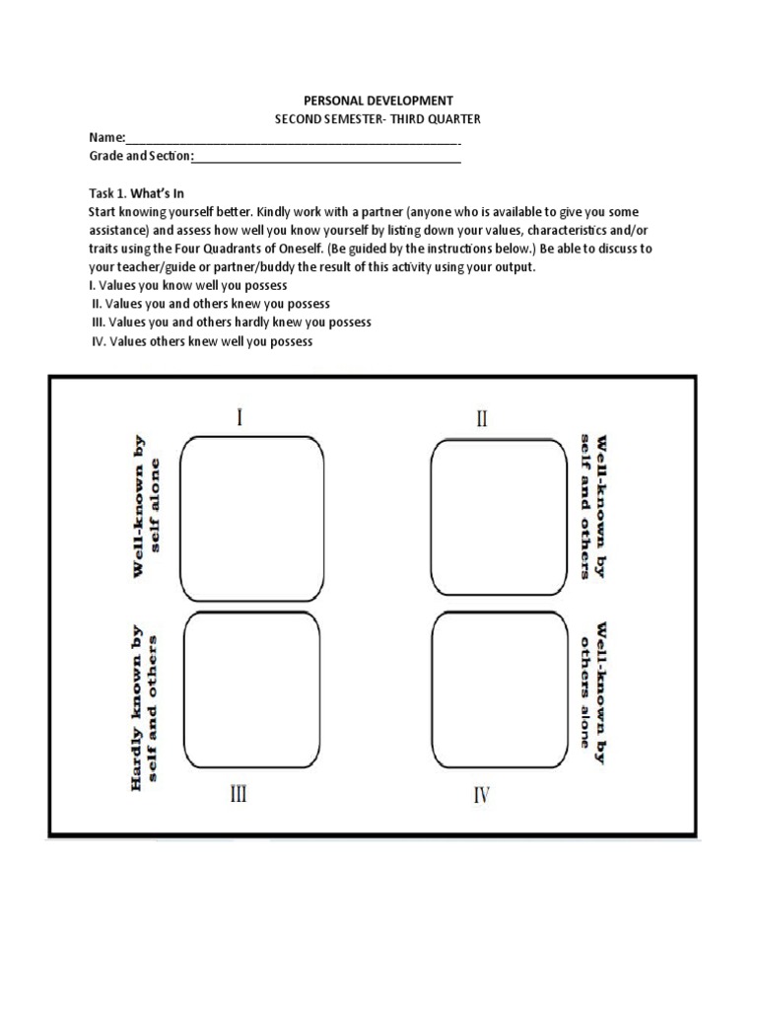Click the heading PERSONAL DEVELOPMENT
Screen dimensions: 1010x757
coord(378,101)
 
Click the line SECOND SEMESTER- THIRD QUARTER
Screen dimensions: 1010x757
coord(378,119)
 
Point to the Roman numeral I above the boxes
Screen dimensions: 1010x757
coord(240,417)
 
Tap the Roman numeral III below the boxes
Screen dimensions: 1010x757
coord(239,794)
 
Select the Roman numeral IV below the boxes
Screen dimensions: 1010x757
coord(481,795)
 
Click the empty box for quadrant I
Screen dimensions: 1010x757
coord(251,516)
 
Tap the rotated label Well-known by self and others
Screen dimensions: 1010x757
coord(592,505)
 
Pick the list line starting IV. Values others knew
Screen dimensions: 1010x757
coord(201,341)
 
